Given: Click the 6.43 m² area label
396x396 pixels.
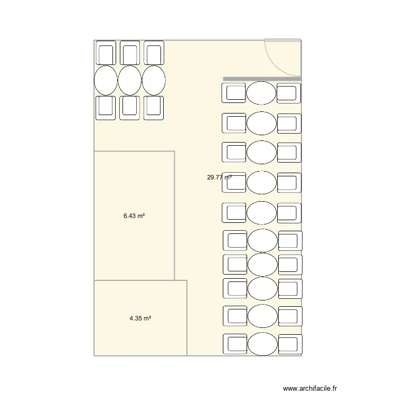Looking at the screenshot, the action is pyautogui.click(x=134, y=216).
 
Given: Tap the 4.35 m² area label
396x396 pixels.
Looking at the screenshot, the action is pyautogui.click(x=140, y=318).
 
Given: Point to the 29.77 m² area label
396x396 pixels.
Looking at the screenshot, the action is pyautogui.click(x=219, y=177).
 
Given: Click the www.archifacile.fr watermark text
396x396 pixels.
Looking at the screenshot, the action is pyautogui.click(x=310, y=388).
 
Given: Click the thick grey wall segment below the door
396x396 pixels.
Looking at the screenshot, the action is pyautogui.click(x=262, y=79).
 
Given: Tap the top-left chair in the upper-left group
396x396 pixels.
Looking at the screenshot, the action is pyautogui.click(x=106, y=53).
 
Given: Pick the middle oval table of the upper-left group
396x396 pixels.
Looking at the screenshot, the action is pyautogui.click(x=129, y=80).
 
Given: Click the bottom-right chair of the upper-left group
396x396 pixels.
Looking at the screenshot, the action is pyautogui.click(x=154, y=108).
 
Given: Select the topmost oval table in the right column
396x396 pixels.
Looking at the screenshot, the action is pyautogui.click(x=261, y=93).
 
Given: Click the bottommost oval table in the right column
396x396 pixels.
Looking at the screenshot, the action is pyautogui.click(x=262, y=344).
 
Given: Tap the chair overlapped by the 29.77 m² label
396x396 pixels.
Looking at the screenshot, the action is pyautogui.click(x=234, y=182).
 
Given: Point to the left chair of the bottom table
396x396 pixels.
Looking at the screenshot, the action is pyautogui.click(x=235, y=344).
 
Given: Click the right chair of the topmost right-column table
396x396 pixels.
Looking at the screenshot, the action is pyautogui.click(x=289, y=93).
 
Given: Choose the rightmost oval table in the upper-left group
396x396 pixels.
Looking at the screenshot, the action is pyautogui.click(x=154, y=80).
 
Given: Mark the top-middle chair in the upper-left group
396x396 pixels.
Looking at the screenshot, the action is pyautogui.click(x=130, y=53).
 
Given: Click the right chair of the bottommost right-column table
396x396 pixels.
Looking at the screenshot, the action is pyautogui.click(x=290, y=344).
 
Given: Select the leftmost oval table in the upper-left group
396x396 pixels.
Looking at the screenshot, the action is pyautogui.click(x=106, y=80).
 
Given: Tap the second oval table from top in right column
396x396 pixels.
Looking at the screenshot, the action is pyautogui.click(x=261, y=123).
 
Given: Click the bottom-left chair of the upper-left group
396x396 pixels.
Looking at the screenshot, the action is pyautogui.click(x=106, y=108).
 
